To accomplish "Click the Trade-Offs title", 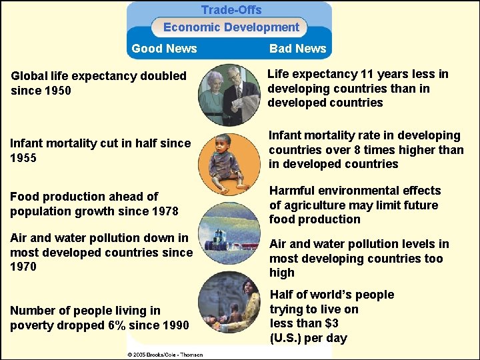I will pos(231,10).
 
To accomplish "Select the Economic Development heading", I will pos(231,27).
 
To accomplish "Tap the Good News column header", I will pos(164,49).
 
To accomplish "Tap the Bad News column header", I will pos(297,49).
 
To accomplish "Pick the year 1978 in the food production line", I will pos(164,211).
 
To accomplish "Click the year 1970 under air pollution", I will pos(23,267).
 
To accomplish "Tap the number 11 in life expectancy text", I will pos(367,75).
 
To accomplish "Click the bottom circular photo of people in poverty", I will pos(229,303).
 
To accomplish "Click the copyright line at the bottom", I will pos(165,354).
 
